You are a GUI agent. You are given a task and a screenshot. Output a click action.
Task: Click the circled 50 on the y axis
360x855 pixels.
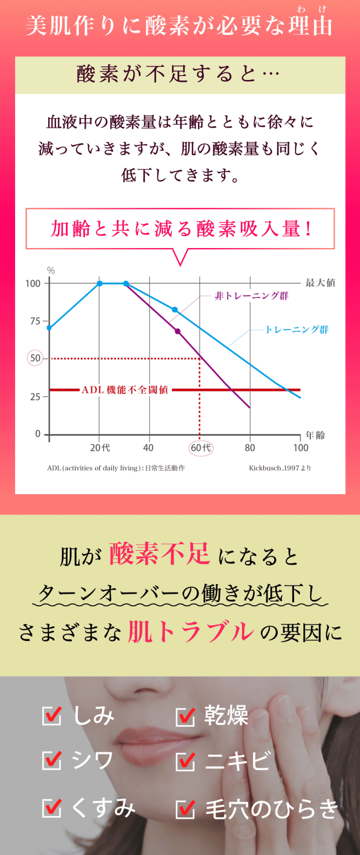[x=35, y=358]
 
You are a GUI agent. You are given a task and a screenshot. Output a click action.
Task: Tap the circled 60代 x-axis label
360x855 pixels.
[x=201, y=447]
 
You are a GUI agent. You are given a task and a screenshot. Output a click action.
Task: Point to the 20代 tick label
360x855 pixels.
[x=100, y=447]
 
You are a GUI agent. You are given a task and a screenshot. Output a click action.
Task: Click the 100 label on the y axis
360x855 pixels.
[x=33, y=283]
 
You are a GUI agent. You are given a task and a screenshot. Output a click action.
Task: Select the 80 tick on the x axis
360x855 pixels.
[x=250, y=447]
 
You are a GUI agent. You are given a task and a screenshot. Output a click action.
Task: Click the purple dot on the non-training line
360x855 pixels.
[x=177, y=331]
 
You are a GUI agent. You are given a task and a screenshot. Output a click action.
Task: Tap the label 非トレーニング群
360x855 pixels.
[x=251, y=296]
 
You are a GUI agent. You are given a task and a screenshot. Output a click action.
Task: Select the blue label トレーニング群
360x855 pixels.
[x=296, y=329]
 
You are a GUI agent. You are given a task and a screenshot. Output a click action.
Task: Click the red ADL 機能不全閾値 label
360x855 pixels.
[x=125, y=390]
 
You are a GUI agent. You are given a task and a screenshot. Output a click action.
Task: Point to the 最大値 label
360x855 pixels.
[x=320, y=283]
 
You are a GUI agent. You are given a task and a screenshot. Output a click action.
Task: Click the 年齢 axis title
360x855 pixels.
[x=315, y=435]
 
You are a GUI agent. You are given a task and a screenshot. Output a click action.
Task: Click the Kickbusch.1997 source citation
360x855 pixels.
[x=279, y=468]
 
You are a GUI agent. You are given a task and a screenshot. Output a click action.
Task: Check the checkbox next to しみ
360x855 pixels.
[x=52, y=716]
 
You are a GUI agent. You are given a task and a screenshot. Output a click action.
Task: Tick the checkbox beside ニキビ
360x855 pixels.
[x=185, y=761]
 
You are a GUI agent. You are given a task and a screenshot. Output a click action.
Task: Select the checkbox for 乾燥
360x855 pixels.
[x=185, y=716]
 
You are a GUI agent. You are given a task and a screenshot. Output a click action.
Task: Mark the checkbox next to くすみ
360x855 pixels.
[x=52, y=807]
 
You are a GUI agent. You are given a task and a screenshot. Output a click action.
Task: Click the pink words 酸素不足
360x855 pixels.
[x=159, y=554]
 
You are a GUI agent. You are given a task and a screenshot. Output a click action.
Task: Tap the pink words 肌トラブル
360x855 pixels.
[x=191, y=632]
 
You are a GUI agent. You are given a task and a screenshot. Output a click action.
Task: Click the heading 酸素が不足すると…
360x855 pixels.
[x=179, y=75]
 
